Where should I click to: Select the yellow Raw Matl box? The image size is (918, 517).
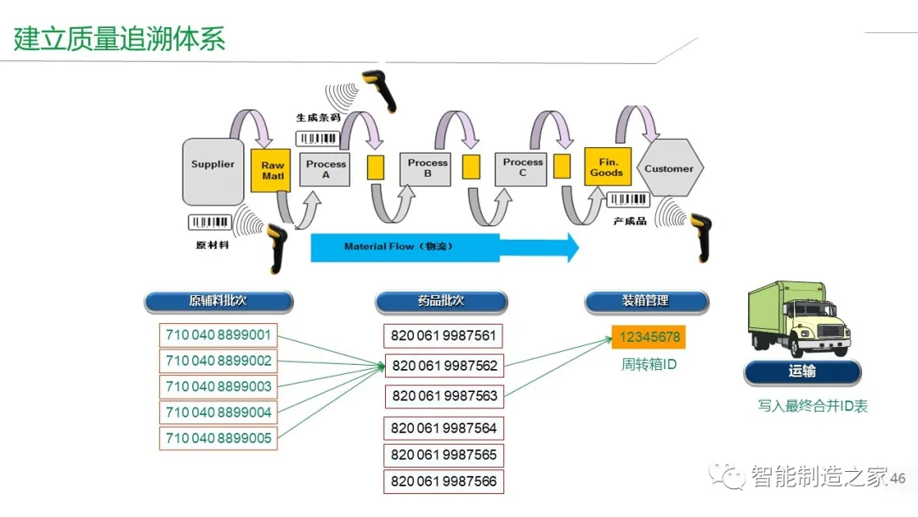pos(272,170)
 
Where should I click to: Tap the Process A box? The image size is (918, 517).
pos(326,169)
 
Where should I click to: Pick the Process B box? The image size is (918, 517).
pos(427,168)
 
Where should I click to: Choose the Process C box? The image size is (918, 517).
pos(522,168)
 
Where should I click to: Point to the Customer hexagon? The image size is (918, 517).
pos(669,168)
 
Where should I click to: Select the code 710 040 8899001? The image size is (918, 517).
pos(218,335)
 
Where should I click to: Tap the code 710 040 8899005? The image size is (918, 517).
pos(218,438)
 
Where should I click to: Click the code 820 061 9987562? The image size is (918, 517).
pos(445,366)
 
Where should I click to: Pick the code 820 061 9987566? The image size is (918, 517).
pos(444,481)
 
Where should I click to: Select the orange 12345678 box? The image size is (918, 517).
pos(649,337)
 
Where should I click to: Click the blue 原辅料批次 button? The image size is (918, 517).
pos(218,301)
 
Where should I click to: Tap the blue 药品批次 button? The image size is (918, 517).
pos(441,301)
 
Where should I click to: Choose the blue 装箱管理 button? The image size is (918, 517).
pos(646,301)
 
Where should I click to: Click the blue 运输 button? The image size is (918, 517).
pos(802,372)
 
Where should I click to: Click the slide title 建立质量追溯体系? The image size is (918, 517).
pos(120,39)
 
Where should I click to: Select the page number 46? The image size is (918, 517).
pos(898,479)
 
